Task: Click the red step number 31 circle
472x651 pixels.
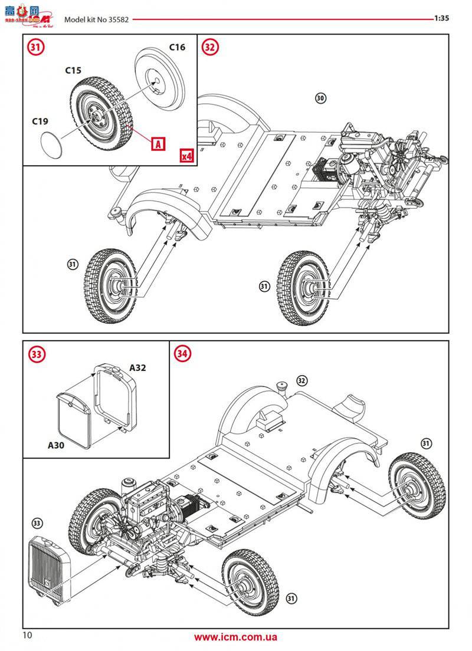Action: click(35, 48)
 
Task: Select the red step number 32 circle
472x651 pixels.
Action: click(210, 48)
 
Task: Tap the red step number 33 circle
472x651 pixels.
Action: click(37, 354)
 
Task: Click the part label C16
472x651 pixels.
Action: click(177, 47)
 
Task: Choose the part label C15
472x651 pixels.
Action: click(73, 70)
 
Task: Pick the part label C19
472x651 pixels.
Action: click(40, 121)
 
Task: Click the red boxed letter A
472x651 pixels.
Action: click(158, 143)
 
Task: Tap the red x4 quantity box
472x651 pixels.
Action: click(187, 156)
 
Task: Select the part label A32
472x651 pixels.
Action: click(137, 368)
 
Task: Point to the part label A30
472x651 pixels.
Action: click(56, 446)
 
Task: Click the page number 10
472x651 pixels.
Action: click(28, 635)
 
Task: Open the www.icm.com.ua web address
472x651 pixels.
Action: click(235, 637)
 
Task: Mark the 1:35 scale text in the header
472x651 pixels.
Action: click(441, 18)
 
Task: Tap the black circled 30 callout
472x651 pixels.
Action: click(320, 98)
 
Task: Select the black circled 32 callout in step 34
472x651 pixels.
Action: click(301, 380)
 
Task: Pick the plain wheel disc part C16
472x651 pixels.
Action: click(160, 77)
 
